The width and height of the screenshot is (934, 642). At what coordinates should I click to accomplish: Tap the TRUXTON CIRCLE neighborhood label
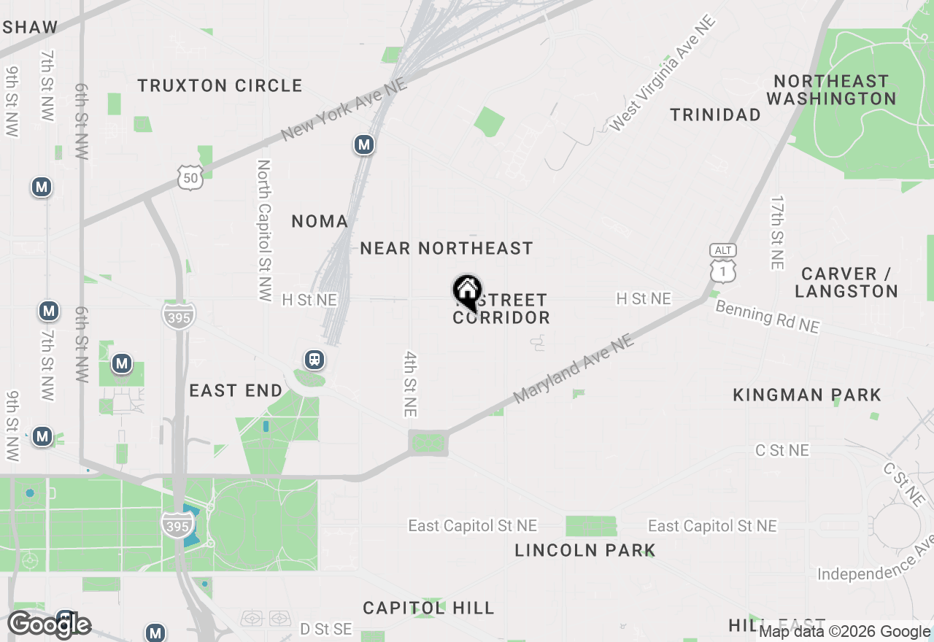220,85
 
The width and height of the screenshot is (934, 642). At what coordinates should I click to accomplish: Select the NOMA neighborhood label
320,221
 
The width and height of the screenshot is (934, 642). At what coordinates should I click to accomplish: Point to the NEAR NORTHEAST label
447,249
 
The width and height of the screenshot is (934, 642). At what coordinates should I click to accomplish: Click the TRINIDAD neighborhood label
715,115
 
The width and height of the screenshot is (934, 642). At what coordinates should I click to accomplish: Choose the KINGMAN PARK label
807,395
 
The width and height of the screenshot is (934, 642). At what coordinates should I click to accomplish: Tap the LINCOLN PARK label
584,550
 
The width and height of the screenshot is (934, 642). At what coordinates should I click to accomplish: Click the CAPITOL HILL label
428,608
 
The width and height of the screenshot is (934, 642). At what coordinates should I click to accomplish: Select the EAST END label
236,391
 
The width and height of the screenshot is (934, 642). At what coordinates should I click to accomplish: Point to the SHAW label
29,28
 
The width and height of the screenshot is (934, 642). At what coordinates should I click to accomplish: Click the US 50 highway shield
190,177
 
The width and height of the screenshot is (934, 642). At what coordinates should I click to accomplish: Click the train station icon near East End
314,360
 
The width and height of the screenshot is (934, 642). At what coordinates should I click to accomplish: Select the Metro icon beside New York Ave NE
364,145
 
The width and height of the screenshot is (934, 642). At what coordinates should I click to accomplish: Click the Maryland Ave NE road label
573,369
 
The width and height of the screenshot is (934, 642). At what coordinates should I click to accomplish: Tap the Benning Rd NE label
767,317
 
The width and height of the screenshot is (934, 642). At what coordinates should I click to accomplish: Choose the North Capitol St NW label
263,231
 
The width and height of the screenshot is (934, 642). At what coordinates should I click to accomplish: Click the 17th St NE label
777,232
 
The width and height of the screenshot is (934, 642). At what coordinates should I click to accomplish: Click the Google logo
50,625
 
